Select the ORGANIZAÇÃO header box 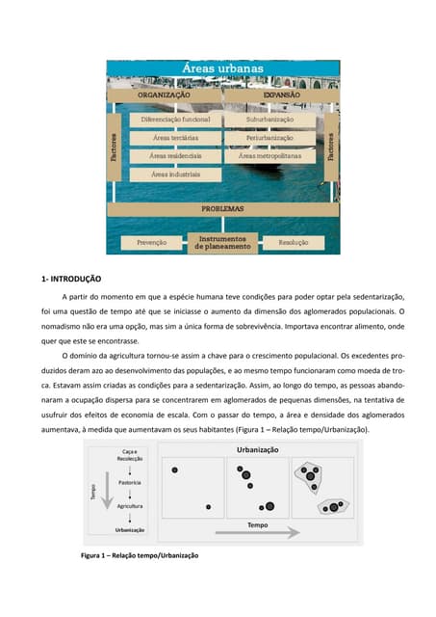tap(163, 95)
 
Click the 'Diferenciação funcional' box tap(176, 121)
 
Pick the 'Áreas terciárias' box tap(176, 138)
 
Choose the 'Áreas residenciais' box tap(176, 155)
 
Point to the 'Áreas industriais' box tap(176, 174)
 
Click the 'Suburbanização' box tap(269, 121)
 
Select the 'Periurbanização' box tap(269, 138)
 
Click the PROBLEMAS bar tap(222, 207)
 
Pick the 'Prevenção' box tap(151, 243)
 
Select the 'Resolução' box tap(294, 243)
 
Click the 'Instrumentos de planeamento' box tap(222, 242)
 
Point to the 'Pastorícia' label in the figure tap(130, 482)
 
